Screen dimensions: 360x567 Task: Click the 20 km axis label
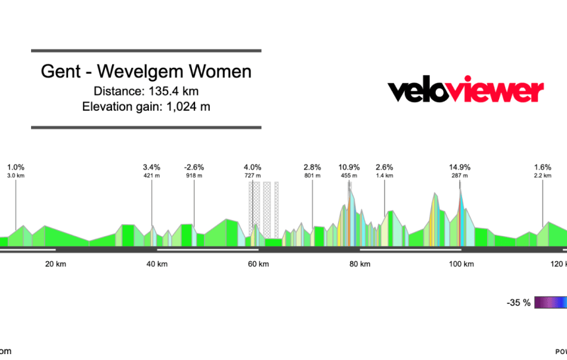pos(55,264)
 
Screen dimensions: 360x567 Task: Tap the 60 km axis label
pos(258,264)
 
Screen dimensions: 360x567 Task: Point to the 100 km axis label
pos(461,264)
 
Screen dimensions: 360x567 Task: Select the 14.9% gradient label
pos(460,167)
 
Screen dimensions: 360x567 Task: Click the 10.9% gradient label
pos(349,167)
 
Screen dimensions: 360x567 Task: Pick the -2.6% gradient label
pos(194,167)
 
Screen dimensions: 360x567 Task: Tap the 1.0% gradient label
pos(16,167)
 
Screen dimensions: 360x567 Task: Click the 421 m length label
pos(152,175)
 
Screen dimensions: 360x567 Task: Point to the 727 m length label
pos(253,175)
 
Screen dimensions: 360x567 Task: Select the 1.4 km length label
pos(384,175)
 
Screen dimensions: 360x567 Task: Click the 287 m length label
pos(460,175)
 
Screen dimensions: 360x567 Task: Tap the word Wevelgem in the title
pos(157,72)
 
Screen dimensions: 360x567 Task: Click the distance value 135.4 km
pos(173,91)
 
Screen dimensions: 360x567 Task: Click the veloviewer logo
pos(465,91)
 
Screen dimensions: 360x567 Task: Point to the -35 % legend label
pos(519,303)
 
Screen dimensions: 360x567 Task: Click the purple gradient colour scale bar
pos(551,303)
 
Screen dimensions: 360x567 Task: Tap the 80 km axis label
pos(360,264)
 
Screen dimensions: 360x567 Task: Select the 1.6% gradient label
pos(543,167)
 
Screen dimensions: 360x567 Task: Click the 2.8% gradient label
pos(312,167)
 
